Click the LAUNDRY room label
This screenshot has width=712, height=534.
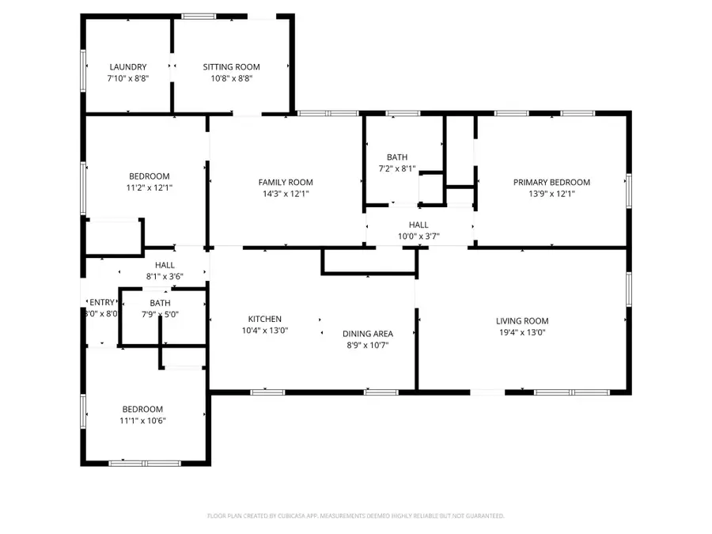128,67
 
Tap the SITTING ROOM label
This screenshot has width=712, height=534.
231,67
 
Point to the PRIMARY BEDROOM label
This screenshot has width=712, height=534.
551,182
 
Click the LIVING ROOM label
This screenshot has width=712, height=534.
522,320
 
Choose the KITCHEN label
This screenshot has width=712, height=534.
264,319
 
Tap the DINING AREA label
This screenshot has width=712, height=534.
367,333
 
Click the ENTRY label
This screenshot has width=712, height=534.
102,302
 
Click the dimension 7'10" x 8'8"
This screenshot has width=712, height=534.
128,78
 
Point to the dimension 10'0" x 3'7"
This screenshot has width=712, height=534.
418,236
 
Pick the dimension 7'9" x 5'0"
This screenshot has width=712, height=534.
160,314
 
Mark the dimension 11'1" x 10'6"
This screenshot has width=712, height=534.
143,420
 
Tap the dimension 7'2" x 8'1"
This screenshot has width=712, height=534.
396,169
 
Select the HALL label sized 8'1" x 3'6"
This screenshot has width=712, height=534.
165,265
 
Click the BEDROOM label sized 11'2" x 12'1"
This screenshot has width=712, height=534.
150,176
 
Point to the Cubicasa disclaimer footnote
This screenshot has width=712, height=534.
355,516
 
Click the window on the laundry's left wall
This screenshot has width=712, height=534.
84,67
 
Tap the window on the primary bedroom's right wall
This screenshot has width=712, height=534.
629,188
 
